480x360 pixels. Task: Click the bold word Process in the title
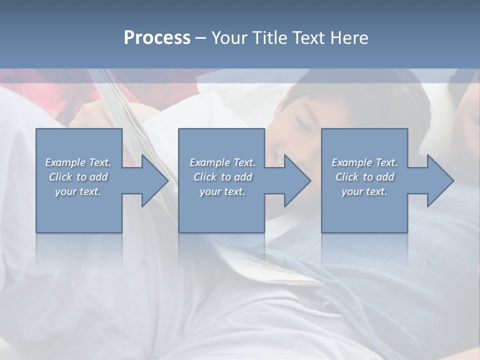tap(157, 38)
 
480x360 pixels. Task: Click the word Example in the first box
tap(65, 162)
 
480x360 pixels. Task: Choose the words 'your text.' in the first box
tap(78, 191)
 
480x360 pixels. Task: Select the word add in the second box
tap(243, 177)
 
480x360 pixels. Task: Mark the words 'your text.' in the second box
tap(222, 191)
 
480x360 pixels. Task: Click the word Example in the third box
tap(352, 162)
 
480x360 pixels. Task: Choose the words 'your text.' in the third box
tap(364, 191)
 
